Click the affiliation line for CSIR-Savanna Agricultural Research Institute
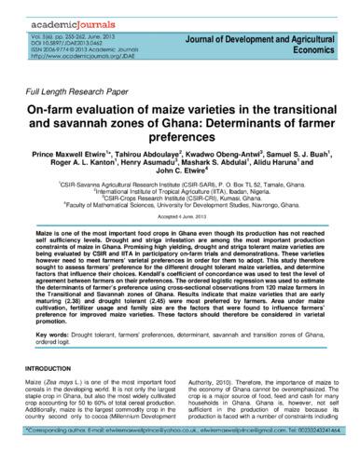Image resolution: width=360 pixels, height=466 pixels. [180, 185]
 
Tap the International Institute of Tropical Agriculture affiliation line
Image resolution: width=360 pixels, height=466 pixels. [180, 192]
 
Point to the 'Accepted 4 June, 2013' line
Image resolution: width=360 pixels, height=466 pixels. [180, 217]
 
